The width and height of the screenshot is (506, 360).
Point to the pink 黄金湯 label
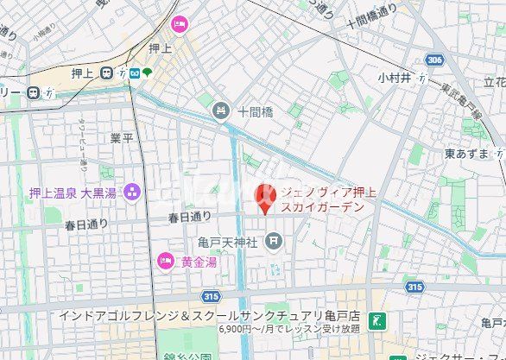(199, 261)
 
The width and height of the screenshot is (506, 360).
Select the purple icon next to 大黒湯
(133, 191)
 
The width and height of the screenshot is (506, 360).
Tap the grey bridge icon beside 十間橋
(221, 110)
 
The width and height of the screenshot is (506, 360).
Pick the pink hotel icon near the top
(180, 23)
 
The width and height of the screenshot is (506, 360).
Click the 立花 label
(495, 82)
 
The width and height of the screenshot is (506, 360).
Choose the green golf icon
(375, 321)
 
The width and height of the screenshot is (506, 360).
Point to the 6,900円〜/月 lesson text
(289, 329)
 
